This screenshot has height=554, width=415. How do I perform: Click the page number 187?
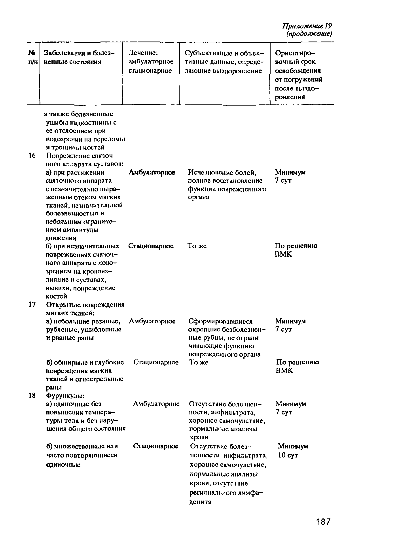tap(323, 522)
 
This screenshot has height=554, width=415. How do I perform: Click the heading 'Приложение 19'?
tap(307, 26)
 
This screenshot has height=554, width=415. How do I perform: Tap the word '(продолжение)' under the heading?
tap(309, 34)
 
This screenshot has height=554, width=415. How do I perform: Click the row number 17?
tap(32, 304)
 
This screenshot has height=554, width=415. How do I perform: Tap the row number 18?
tap(32, 395)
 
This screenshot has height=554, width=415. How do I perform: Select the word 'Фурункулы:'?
tap(65, 396)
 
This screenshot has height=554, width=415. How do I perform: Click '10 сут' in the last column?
tap(288, 455)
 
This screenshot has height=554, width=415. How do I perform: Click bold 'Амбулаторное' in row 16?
tap(152, 172)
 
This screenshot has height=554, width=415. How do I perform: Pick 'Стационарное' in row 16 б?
tap(151, 246)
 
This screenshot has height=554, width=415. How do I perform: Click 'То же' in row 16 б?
tap(197, 246)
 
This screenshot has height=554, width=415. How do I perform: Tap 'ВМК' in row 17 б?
tap(284, 371)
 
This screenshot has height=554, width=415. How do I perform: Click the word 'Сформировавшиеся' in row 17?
tap(220, 321)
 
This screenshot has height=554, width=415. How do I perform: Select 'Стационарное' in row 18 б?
tap(155, 446)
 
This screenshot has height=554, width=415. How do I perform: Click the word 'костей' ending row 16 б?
tap(57, 296)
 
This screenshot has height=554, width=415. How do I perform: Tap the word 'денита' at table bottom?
tap(200, 502)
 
